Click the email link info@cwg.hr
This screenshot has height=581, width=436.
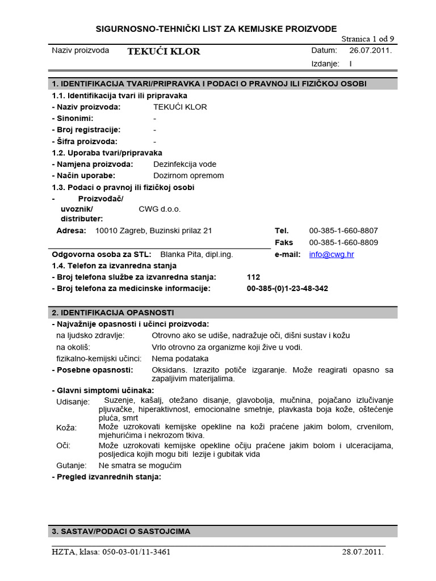tap(331, 254)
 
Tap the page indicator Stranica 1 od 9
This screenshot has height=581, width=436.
tap(367, 39)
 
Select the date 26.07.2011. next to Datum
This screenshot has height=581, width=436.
tap(370, 50)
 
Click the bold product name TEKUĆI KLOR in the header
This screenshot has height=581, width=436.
tap(163, 52)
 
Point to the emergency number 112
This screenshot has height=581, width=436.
tap(254, 277)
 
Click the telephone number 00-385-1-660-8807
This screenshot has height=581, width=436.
tap(343, 230)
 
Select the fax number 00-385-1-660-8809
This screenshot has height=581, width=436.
tap(343, 242)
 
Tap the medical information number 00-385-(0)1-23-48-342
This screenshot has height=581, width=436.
tap(287, 288)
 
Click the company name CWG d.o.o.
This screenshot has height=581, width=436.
tap(160, 209)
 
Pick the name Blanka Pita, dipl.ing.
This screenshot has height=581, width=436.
tap(196, 254)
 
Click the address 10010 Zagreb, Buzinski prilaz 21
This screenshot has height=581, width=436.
tap(153, 230)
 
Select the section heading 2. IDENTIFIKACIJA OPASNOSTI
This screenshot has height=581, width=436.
tap(113, 313)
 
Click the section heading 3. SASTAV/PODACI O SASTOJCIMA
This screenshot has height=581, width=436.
tap(121, 532)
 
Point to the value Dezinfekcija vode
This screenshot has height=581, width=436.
tap(185, 164)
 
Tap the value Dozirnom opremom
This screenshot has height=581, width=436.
tap(188, 175)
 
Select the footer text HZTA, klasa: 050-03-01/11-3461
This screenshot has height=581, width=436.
tap(111, 551)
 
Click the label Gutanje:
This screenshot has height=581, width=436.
tap(71, 465)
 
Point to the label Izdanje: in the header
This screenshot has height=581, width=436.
tap(325, 64)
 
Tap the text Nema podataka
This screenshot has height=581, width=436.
tap(180, 359)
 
